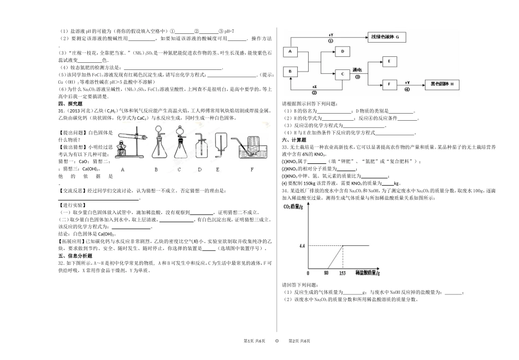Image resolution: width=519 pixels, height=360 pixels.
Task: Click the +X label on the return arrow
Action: point(314,86)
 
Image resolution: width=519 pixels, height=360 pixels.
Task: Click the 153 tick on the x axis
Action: point(342,273)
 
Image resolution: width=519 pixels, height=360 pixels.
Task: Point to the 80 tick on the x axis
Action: point(326,273)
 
